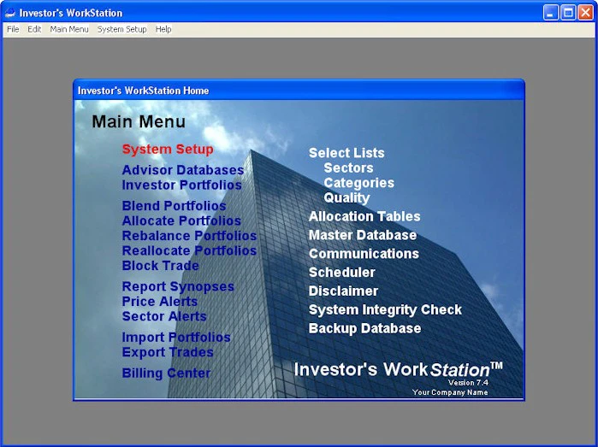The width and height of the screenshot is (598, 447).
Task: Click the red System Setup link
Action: [x=168, y=150]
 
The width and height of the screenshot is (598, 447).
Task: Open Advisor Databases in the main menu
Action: [x=183, y=170]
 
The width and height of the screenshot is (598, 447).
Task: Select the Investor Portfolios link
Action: [x=181, y=185]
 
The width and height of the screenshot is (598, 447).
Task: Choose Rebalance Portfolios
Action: [x=189, y=236]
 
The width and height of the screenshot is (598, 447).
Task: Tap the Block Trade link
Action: [x=160, y=266]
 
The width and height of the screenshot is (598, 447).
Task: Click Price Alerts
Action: [x=160, y=302]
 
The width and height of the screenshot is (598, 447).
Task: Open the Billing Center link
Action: [x=166, y=373]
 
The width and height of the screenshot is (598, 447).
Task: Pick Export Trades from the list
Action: [x=168, y=352]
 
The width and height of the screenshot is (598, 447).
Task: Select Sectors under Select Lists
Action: [x=348, y=168]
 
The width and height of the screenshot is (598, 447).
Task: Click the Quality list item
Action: [x=346, y=198]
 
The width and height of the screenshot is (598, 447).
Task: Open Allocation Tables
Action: [x=364, y=216]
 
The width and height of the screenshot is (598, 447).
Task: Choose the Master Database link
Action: [x=363, y=235]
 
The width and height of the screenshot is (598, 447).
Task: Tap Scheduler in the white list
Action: [x=341, y=273]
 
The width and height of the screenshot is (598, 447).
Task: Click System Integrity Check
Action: [x=385, y=309]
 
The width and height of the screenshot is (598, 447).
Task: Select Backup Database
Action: [x=364, y=328]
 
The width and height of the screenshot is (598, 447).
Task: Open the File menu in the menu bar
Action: [x=13, y=29]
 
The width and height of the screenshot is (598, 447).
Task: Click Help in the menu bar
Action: [x=163, y=29]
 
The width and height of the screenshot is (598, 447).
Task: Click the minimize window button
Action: [x=550, y=13]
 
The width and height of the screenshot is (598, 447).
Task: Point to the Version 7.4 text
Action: [x=468, y=383]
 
